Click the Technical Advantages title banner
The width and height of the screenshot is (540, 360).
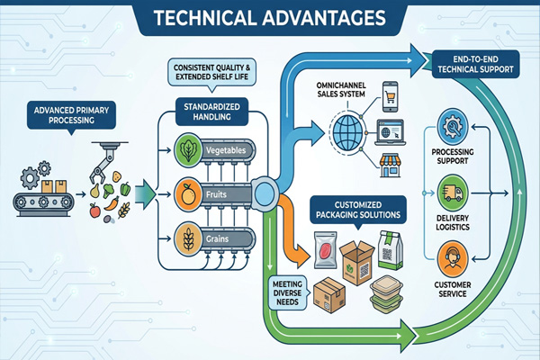270,18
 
